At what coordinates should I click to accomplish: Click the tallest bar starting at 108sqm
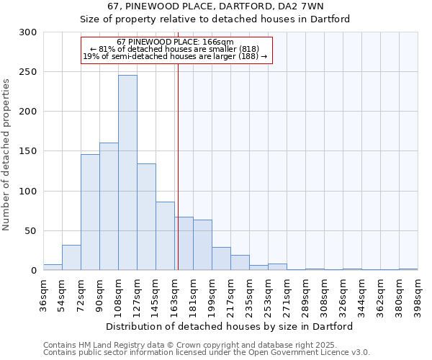pyautogui.click(x=127, y=173)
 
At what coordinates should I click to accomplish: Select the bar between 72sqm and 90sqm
pyautogui.click(x=90, y=212)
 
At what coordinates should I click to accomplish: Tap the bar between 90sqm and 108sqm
pyautogui.click(x=109, y=207)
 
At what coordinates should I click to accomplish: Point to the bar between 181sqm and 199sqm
pyautogui.click(x=202, y=245)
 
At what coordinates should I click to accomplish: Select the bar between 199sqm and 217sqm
pyautogui.click(x=221, y=258)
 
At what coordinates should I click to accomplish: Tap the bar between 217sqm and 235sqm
pyautogui.click(x=240, y=263)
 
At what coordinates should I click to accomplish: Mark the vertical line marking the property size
pyautogui.click(x=178, y=166)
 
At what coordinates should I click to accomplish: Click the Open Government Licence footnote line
pyautogui.click(x=207, y=353)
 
